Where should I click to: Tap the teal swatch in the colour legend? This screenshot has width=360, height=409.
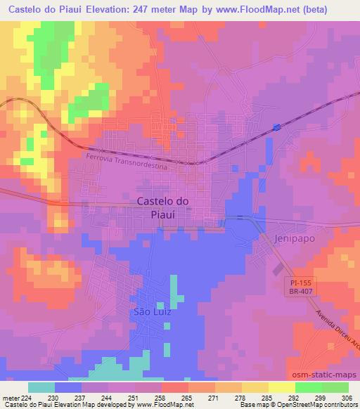(41, 387)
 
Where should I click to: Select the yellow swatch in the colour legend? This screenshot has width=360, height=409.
(282, 387)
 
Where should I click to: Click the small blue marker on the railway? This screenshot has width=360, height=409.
(277, 127)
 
